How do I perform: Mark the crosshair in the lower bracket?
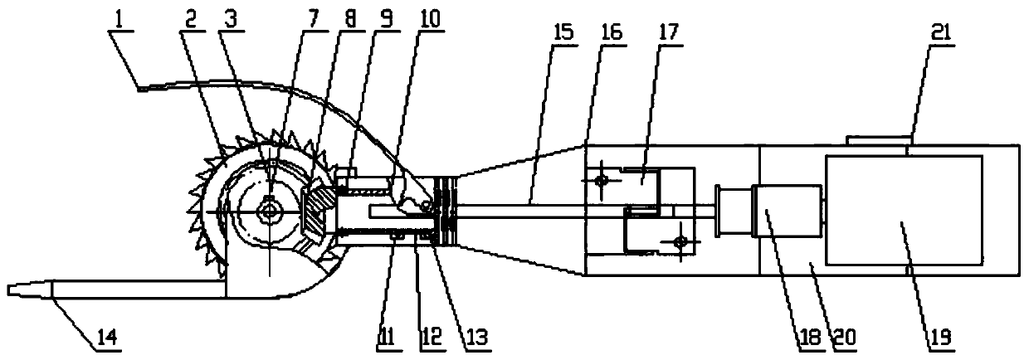pyautogui.click(x=679, y=241)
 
